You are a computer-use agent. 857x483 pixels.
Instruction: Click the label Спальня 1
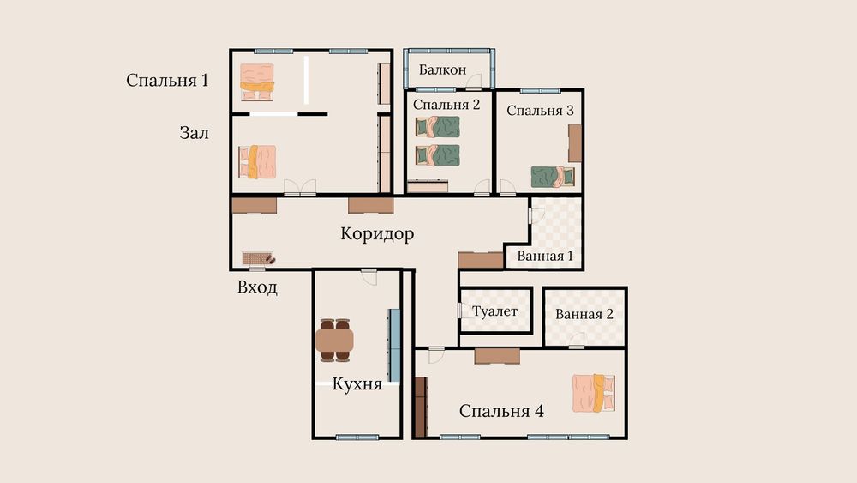[x=167, y=81]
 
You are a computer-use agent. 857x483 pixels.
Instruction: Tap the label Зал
[x=194, y=133]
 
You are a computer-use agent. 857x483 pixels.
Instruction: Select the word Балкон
[x=443, y=69]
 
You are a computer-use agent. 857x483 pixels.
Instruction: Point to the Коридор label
[x=377, y=233]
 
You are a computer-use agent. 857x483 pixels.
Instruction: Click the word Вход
[x=257, y=287]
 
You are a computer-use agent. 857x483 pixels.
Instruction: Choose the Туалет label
[x=494, y=311]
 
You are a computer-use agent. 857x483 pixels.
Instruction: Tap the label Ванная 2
[x=584, y=314]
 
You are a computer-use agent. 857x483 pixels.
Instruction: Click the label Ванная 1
[x=545, y=256]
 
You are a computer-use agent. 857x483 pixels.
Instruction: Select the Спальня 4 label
[x=501, y=411]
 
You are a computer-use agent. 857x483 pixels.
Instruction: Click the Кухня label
[x=357, y=384]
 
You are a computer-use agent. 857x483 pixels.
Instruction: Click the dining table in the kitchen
[x=334, y=341]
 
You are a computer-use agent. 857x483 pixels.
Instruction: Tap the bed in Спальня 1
[x=257, y=82]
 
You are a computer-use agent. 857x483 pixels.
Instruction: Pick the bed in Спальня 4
[x=594, y=393]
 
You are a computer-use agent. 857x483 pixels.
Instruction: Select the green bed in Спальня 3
[x=553, y=177]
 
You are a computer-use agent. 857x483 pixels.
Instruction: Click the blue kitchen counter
[x=394, y=345]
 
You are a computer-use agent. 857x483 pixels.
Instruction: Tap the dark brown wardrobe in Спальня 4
[x=420, y=407]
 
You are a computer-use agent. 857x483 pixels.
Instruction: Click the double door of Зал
[x=300, y=188]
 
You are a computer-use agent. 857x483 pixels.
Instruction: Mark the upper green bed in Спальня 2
[x=437, y=127]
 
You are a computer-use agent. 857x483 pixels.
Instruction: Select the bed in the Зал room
[x=257, y=162]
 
